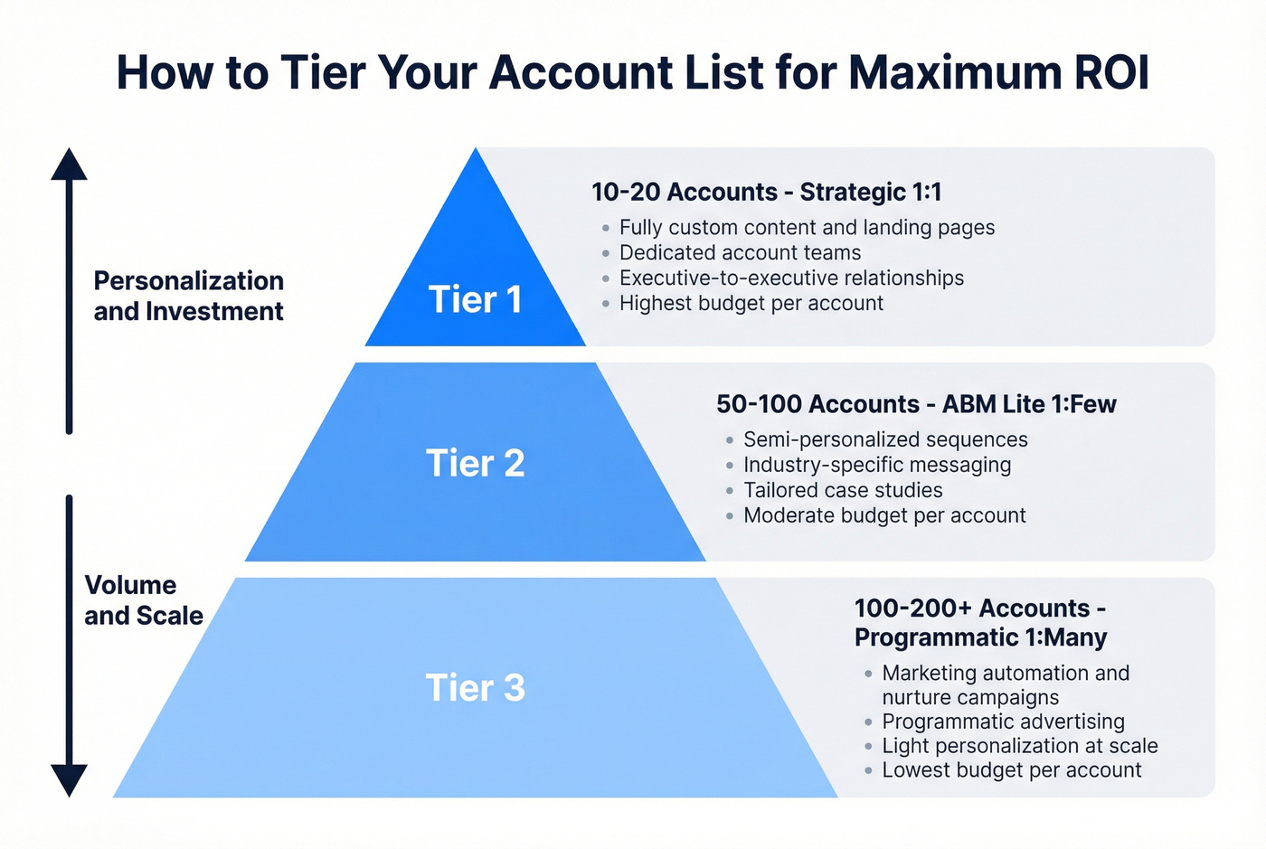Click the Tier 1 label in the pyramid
pyautogui.click(x=475, y=300)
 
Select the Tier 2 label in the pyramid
pyautogui.click(x=475, y=463)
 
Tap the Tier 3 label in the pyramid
pyautogui.click(x=475, y=688)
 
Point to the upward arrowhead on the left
pyautogui.click(x=69, y=165)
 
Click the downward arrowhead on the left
pyautogui.click(x=69, y=779)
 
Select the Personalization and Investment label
pyautogui.click(x=188, y=296)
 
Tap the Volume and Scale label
pyautogui.click(x=143, y=600)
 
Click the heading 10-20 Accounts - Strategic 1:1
pyautogui.click(x=766, y=192)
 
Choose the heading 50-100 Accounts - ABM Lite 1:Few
pyautogui.click(x=916, y=404)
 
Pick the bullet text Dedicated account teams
pyautogui.click(x=740, y=253)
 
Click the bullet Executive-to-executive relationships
pyautogui.click(x=791, y=278)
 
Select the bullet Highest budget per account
pyautogui.click(x=751, y=304)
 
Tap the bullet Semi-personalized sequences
pyautogui.click(x=885, y=439)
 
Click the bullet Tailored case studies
pyautogui.click(x=843, y=490)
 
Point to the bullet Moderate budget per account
pyautogui.click(x=884, y=515)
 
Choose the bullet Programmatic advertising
pyautogui.click(x=1003, y=722)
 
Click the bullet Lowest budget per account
pyautogui.click(x=1011, y=770)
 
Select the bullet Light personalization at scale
pyautogui.click(x=1019, y=746)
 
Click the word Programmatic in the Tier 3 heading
pyautogui.click(x=937, y=637)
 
